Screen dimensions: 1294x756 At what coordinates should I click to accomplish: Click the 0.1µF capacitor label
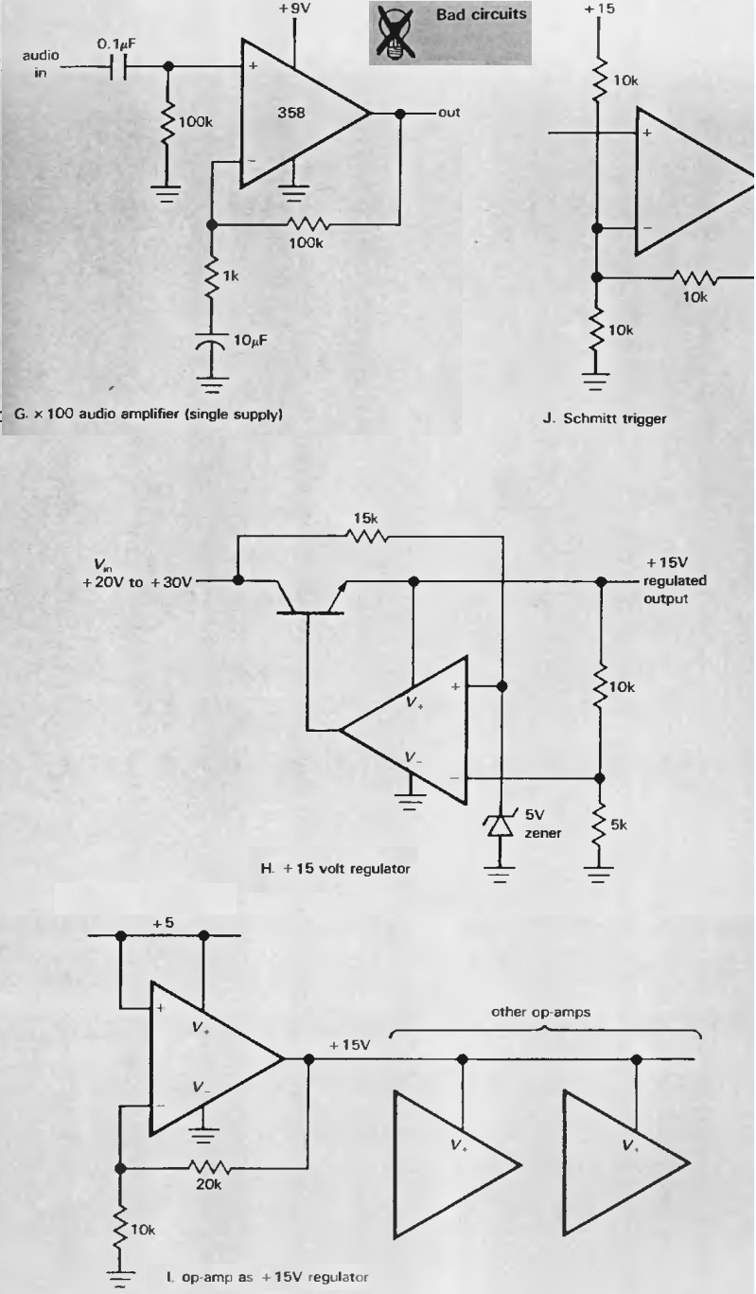118,44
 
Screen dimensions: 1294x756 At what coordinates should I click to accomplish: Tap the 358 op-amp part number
292,114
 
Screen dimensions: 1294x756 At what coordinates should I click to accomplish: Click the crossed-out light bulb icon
387,32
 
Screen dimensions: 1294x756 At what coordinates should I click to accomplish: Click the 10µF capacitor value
251,340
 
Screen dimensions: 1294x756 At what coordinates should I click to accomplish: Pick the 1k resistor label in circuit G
230,275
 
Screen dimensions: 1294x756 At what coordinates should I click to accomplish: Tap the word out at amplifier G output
449,113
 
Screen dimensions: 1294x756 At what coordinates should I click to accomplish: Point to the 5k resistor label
619,825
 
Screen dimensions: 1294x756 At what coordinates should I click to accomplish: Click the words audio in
41,63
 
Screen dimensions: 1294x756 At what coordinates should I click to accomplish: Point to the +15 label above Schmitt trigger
599,9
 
